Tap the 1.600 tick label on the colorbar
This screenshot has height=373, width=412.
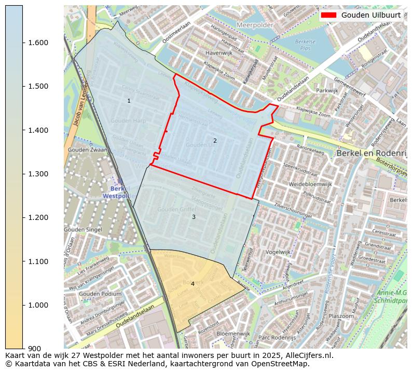pyautogui.click(x=38, y=43)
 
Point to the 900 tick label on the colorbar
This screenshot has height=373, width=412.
pyautogui.click(x=35, y=349)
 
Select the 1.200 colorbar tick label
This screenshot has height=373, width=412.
pyautogui.click(x=38, y=217)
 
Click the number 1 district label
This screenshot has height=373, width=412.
pyautogui.click(x=129, y=101)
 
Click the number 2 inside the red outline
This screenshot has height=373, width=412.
pyautogui.click(x=215, y=141)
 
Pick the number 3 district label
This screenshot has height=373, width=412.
pyautogui.click(x=194, y=217)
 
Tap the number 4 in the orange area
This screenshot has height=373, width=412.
pyautogui.click(x=193, y=284)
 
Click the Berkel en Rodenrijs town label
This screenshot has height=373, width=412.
pyautogui.click(x=371, y=154)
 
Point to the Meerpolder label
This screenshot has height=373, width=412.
pyautogui.click(x=255, y=25)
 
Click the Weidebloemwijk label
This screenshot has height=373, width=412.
pyautogui.click(x=310, y=184)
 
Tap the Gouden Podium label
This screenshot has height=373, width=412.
pyautogui.click(x=100, y=294)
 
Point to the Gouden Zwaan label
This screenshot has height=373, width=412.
pyautogui.click(x=87, y=150)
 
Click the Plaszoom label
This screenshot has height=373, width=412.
pyautogui.click(x=341, y=316)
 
